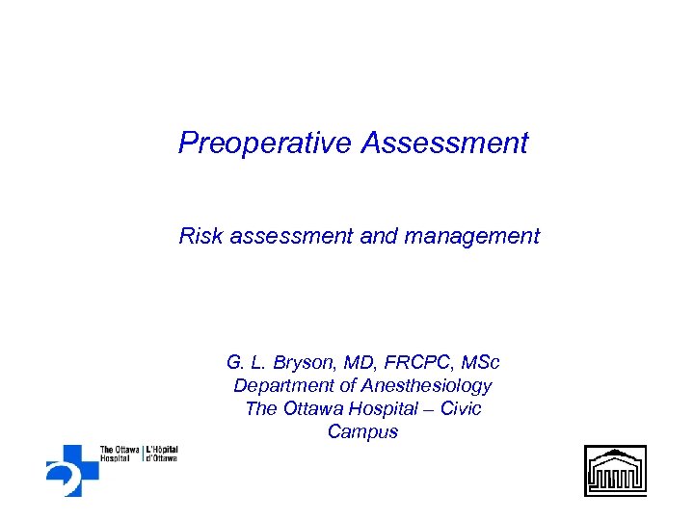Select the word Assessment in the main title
(445, 143)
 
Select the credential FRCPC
(411, 363)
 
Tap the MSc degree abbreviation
(480, 363)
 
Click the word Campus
(362, 432)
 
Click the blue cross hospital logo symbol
(70, 469)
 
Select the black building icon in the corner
(615, 470)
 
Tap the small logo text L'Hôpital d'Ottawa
(162, 453)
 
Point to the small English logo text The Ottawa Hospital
(120, 453)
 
